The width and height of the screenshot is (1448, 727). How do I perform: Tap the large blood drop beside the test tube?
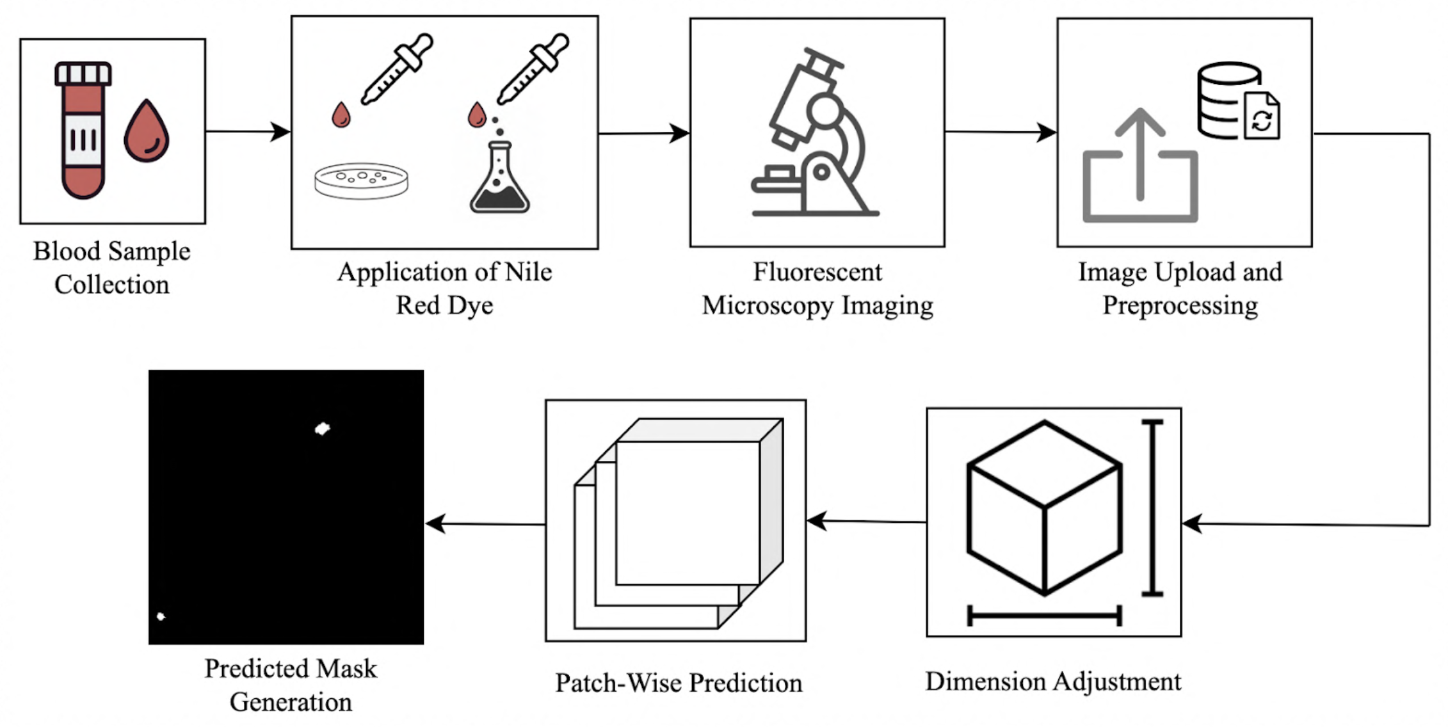(147, 132)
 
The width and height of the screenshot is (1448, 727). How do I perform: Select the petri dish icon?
(361, 180)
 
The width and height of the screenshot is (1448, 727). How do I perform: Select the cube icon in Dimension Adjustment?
(1044, 507)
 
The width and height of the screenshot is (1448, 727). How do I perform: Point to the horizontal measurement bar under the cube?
(1044, 616)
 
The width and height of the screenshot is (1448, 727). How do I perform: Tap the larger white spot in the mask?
(323, 428)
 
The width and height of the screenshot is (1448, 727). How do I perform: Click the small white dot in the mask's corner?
(161, 616)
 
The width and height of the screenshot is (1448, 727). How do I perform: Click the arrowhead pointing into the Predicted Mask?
(435, 523)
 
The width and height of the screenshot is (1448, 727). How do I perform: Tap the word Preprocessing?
(1180, 305)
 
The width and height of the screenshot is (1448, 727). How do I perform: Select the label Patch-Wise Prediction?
(679, 683)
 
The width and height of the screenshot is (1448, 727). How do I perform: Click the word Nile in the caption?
(528, 272)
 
